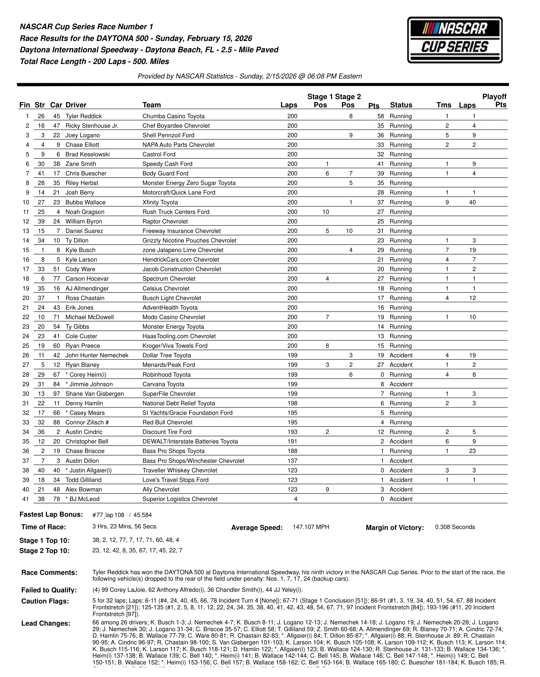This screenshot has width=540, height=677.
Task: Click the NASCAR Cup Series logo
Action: tap(454, 40)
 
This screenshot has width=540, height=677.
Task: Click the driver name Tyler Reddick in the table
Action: tap(83, 116)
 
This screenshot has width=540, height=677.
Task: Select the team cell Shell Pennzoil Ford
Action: tap(168, 135)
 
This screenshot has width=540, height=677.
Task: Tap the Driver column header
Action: tap(76, 105)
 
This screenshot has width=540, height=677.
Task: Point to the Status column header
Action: tap(401, 105)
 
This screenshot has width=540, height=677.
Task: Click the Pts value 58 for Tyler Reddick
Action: tap(380, 116)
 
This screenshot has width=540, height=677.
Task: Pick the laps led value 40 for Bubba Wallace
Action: tap(472, 202)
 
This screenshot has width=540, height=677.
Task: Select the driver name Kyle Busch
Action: tap(80, 250)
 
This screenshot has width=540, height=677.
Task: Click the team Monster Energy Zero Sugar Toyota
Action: tap(189, 183)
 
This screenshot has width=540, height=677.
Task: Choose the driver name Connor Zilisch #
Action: tap(87, 422)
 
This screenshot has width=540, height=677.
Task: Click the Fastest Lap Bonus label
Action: tap(51, 514)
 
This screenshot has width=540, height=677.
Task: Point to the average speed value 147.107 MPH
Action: tap(311, 527)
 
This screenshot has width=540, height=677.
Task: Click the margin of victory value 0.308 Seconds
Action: tap(455, 527)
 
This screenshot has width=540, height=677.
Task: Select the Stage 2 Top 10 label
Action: tap(44, 551)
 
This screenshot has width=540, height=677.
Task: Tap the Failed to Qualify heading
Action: tap(49, 590)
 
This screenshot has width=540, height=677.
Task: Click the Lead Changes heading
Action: tap(46, 623)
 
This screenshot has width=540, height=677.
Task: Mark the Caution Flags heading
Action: tap(45, 601)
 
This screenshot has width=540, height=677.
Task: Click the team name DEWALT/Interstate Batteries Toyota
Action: tap(190, 442)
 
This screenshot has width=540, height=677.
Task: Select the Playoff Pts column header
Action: tap(494, 101)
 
